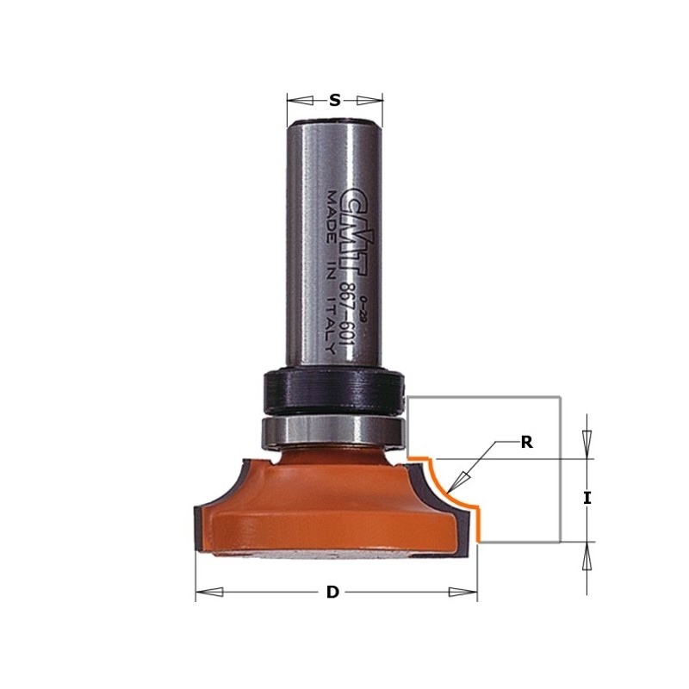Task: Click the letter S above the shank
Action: coord(334,100)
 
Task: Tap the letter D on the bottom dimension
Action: coord(332,593)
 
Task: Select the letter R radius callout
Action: coord(527,443)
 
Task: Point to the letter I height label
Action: coord(587,498)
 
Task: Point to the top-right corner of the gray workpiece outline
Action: coord(561,397)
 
